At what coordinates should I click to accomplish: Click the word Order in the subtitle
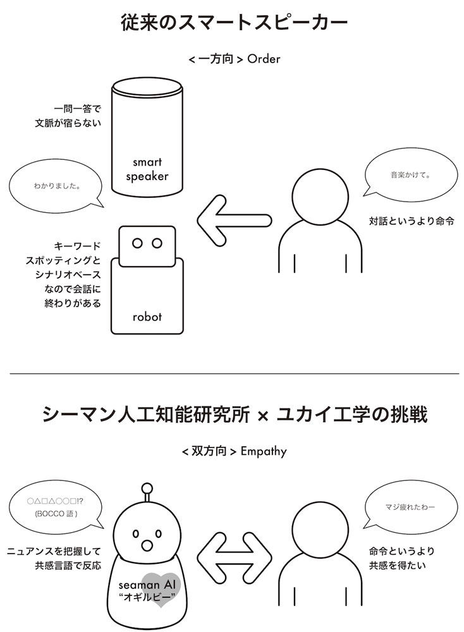click(264, 59)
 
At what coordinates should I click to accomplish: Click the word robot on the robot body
click(147, 317)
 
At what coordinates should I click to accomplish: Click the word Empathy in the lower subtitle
click(264, 451)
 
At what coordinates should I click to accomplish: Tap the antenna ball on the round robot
click(147, 487)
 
